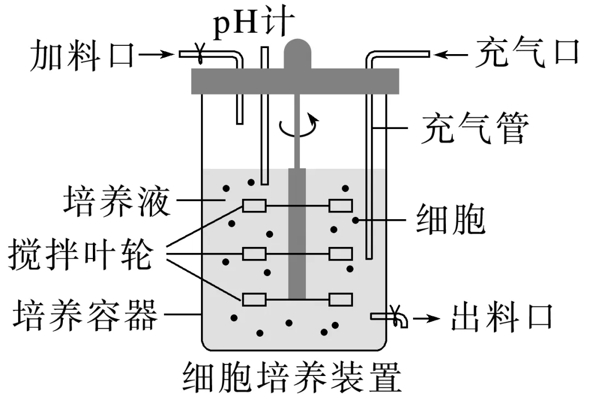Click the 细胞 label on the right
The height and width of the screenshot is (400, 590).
pos(451,220)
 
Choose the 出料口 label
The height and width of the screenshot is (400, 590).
pos(501,318)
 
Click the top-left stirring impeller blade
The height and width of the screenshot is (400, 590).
pos(254,205)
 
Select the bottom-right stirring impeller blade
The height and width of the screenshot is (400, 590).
pos(341,299)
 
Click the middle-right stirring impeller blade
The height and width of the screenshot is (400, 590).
pos(341,254)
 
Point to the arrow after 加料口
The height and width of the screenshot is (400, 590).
pos(158,54)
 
